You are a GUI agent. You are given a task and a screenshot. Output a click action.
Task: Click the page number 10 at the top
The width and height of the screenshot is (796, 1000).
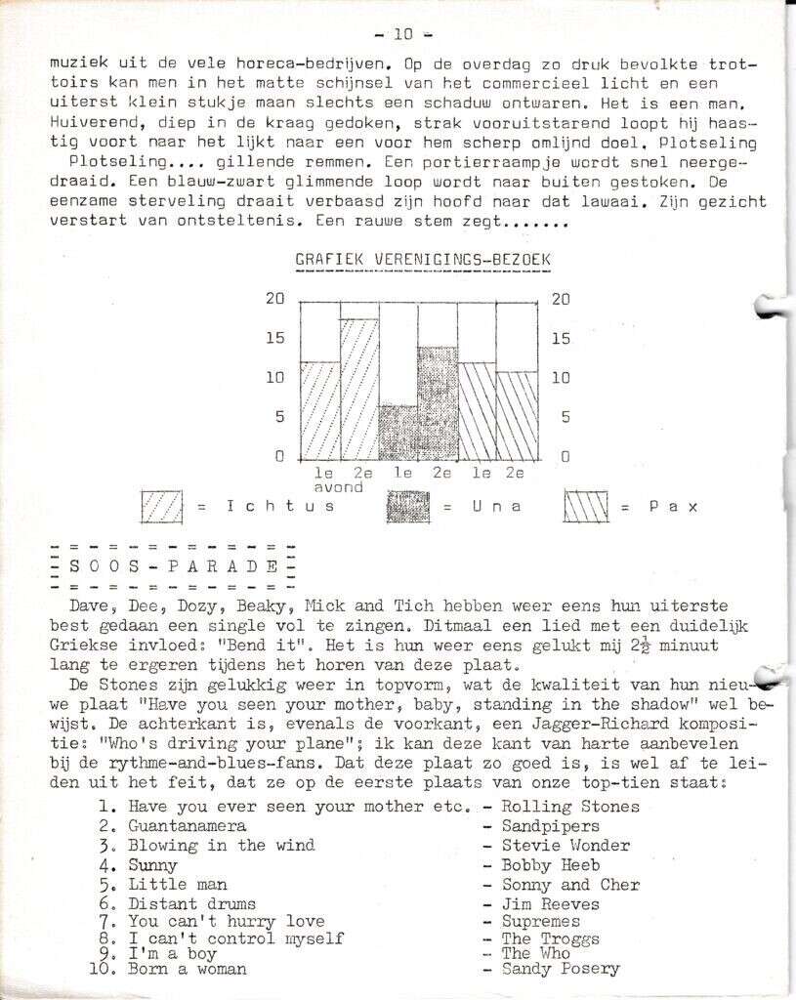point(401,35)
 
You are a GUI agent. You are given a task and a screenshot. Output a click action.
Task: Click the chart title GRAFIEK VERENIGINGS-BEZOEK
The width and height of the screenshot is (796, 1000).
point(423,261)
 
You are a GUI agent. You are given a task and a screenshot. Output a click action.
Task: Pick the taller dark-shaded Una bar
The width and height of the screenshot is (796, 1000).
point(438,403)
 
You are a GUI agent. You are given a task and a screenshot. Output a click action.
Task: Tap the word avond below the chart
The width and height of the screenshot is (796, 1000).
point(339,486)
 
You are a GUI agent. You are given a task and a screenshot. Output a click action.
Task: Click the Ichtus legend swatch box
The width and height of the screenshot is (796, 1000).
point(163,506)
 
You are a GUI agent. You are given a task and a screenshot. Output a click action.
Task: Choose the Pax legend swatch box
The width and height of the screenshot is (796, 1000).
point(586,506)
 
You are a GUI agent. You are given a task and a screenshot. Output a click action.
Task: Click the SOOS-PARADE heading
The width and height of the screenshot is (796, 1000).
point(175,566)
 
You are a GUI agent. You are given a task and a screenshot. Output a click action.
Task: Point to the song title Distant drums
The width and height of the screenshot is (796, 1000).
point(191,904)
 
